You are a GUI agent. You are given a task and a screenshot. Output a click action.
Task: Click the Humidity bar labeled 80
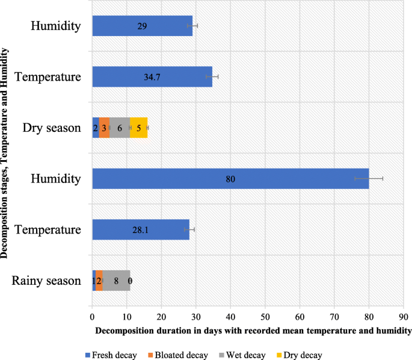(x=230, y=179)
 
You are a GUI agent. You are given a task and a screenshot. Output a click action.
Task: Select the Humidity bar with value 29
(x=142, y=26)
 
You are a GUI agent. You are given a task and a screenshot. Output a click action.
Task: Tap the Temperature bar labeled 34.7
(x=152, y=77)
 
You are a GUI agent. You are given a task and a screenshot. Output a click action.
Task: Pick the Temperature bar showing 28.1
(x=141, y=229)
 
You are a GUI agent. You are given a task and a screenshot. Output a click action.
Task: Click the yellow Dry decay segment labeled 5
(x=139, y=128)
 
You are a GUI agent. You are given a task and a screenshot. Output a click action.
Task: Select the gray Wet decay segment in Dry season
(x=120, y=128)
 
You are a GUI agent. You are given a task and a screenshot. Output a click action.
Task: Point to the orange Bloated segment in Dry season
(x=104, y=128)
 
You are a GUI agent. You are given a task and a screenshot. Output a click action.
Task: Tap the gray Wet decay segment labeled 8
(x=116, y=281)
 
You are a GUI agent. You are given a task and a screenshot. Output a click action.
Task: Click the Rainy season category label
(x=46, y=281)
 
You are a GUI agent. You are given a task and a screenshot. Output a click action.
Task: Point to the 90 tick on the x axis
(x=404, y=315)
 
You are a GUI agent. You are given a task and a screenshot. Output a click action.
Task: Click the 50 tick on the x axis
(x=265, y=315)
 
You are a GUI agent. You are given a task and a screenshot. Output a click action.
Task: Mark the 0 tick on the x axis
(x=92, y=315)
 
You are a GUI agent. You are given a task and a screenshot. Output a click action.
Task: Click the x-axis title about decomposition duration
(x=253, y=330)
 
